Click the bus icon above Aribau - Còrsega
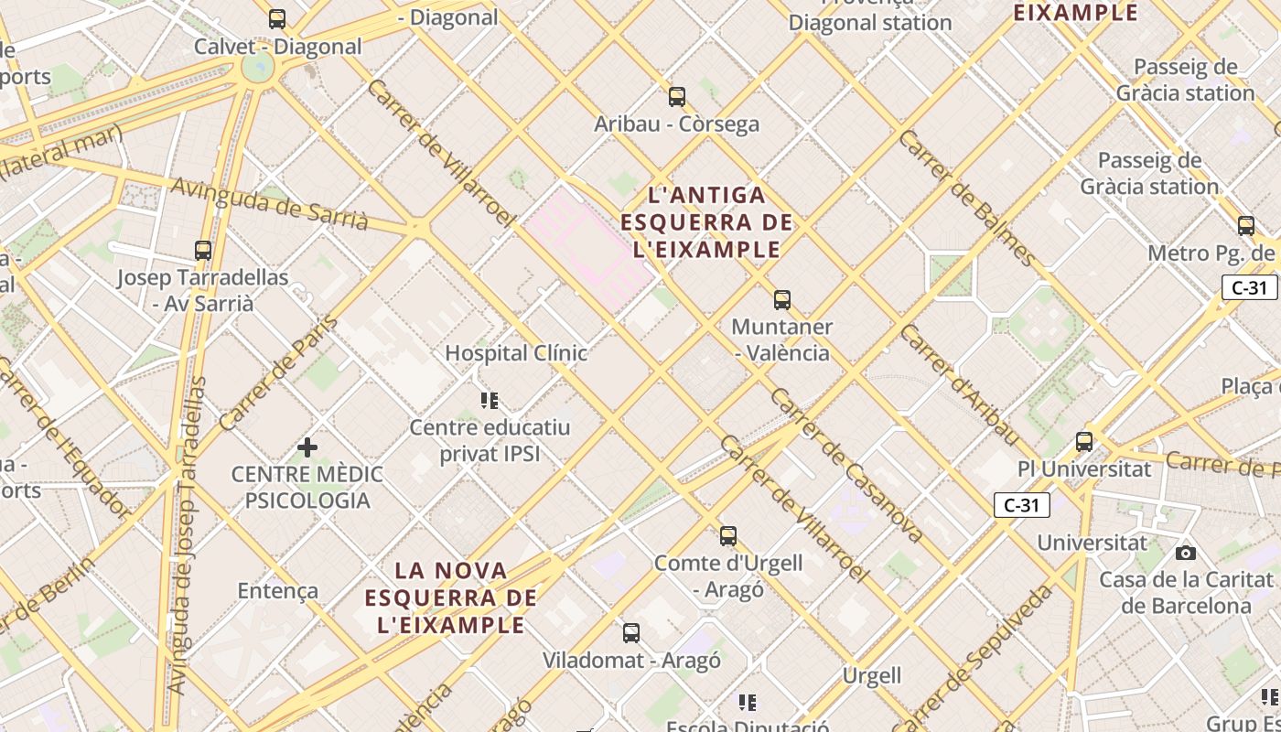click(x=677, y=96)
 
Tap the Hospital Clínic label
click(x=515, y=353)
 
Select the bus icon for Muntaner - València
click(x=782, y=299)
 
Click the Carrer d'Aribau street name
click(x=958, y=384)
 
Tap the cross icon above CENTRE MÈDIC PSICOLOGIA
click(x=307, y=447)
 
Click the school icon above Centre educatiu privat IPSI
click(x=490, y=400)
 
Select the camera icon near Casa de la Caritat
click(x=1186, y=553)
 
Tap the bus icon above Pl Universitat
click(x=1084, y=441)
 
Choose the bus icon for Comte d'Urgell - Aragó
click(x=728, y=535)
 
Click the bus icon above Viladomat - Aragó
click(x=631, y=632)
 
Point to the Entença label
click(x=278, y=591)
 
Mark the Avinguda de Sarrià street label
click(x=270, y=204)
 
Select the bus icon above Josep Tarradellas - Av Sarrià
click(x=203, y=250)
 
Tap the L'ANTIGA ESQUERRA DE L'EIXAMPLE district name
click(x=706, y=222)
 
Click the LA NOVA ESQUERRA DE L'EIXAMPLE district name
click(x=451, y=597)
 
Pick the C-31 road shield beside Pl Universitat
click(x=1021, y=504)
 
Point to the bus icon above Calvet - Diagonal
click(x=277, y=18)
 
